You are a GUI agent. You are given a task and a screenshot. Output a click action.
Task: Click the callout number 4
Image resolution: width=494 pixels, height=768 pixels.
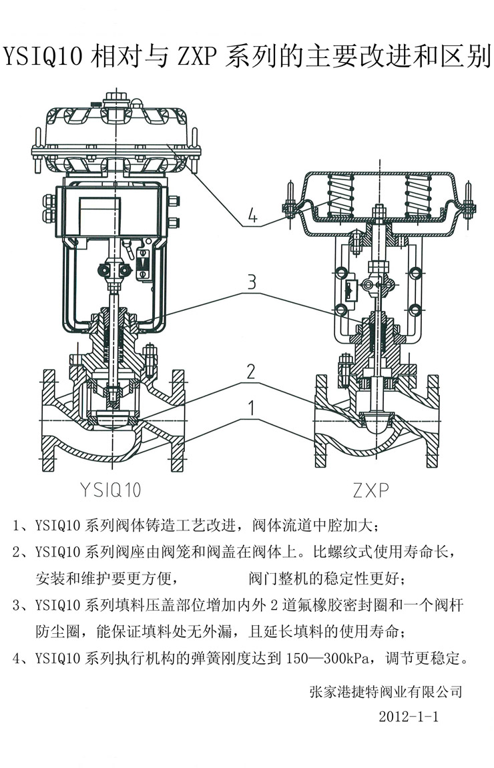pos(251,216)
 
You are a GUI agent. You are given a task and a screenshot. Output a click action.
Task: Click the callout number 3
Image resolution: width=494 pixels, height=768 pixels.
pos(251,282)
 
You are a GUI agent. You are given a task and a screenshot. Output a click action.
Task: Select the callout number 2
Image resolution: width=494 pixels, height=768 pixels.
pos(251,372)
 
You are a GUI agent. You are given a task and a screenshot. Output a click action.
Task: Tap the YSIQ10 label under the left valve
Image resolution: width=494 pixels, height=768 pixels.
pos(109,490)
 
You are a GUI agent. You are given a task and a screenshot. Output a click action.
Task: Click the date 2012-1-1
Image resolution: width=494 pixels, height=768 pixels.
pos(407,717)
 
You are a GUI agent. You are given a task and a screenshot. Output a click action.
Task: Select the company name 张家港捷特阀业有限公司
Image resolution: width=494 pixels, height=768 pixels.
pos(386,691)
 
